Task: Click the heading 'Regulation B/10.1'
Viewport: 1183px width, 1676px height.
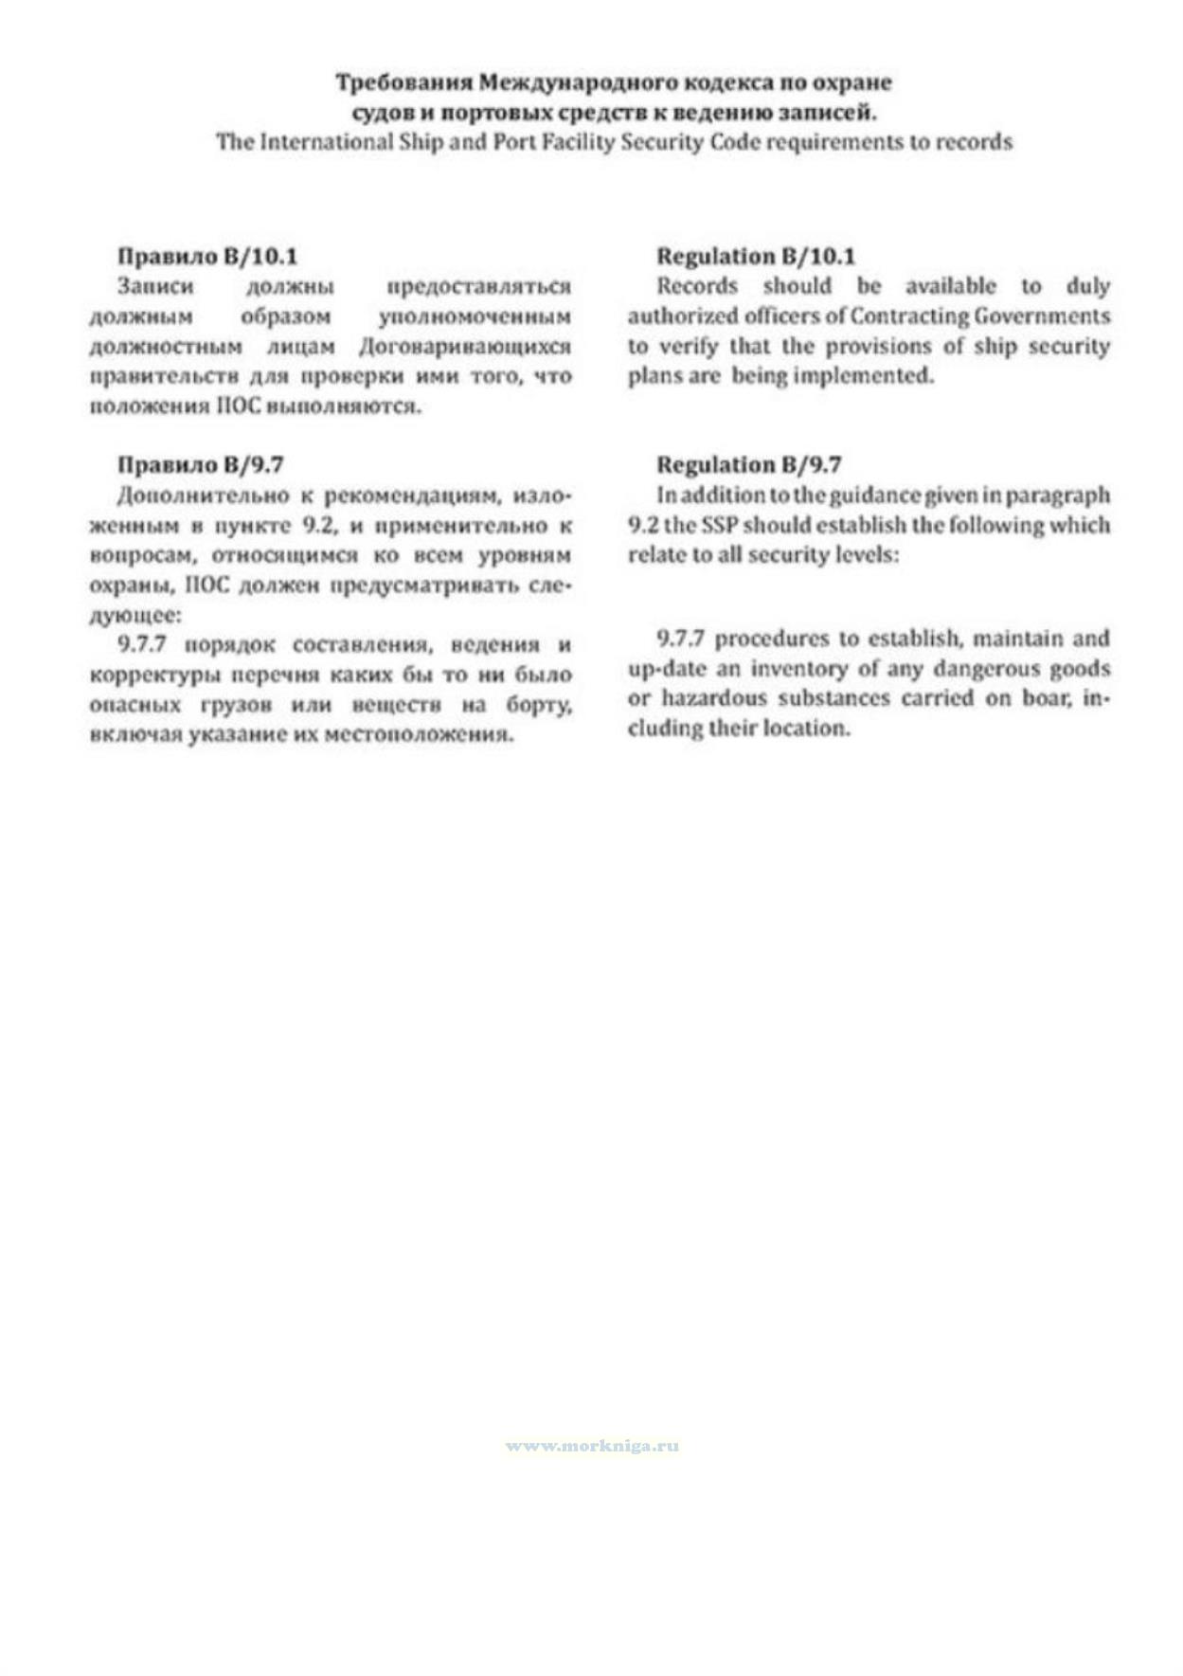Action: pos(756,256)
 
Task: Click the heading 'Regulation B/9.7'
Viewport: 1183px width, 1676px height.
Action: pos(748,464)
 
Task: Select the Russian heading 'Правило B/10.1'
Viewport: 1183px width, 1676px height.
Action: pos(207,256)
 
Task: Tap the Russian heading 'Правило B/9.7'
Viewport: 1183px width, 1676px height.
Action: pos(200,464)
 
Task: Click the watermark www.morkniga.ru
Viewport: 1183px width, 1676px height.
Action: pos(592,1446)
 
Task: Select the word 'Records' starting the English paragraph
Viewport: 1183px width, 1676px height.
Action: pos(697,286)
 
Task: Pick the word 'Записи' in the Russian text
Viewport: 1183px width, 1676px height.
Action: pos(155,286)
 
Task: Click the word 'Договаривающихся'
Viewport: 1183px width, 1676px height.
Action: pos(465,346)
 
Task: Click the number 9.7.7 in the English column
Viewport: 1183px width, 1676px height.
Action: pos(680,639)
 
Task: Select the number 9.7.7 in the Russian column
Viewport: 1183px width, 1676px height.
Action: pos(142,645)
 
